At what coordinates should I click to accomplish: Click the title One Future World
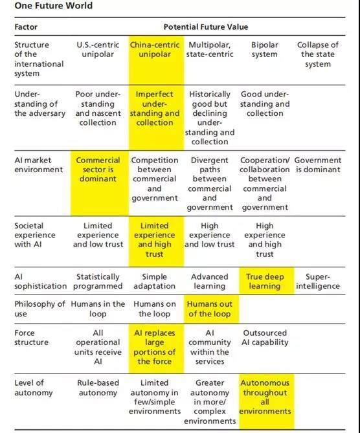(x=53, y=6)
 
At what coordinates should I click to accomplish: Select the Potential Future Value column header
(x=206, y=27)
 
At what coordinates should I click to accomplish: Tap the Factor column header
(x=26, y=27)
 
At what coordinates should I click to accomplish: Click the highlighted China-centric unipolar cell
(x=155, y=49)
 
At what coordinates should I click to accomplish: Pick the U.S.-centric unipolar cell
(x=98, y=49)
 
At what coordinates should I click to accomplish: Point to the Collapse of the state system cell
(x=318, y=54)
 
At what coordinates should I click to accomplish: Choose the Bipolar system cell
(x=265, y=49)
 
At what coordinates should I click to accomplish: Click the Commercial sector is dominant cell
(x=98, y=170)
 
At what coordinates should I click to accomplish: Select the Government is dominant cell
(x=318, y=164)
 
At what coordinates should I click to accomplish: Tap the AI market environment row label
(x=39, y=164)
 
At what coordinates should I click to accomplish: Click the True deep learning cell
(x=265, y=281)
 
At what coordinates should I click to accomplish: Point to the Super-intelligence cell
(x=318, y=281)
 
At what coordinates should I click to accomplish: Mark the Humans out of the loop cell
(x=210, y=309)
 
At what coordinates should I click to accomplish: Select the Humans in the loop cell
(x=98, y=309)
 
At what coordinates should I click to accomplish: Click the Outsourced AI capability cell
(x=265, y=337)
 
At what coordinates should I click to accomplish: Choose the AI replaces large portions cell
(x=155, y=347)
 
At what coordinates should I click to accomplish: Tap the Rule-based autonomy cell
(x=98, y=388)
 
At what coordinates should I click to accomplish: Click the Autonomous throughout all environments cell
(x=265, y=397)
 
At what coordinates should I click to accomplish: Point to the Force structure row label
(x=31, y=337)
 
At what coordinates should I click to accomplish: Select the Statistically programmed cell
(x=98, y=281)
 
